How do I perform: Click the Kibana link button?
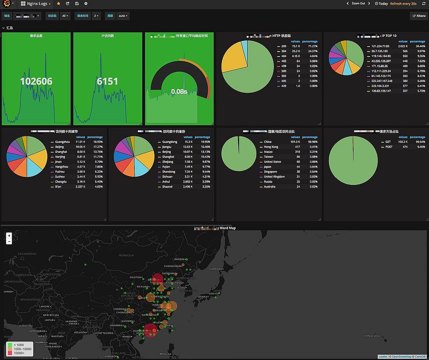point(419,16)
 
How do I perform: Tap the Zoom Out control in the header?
point(358,4)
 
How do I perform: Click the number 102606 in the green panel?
point(36,81)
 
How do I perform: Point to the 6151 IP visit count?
point(108,81)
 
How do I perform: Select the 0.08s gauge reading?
point(179,92)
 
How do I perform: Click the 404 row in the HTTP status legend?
point(284,56)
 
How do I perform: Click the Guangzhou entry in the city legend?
point(62,142)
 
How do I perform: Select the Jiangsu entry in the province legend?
point(167,147)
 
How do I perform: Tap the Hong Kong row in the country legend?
point(271,147)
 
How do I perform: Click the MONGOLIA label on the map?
point(126,255)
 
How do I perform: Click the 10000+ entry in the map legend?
point(19,353)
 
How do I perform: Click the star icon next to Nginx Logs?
point(59,4)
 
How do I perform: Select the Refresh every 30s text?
point(403,4)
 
